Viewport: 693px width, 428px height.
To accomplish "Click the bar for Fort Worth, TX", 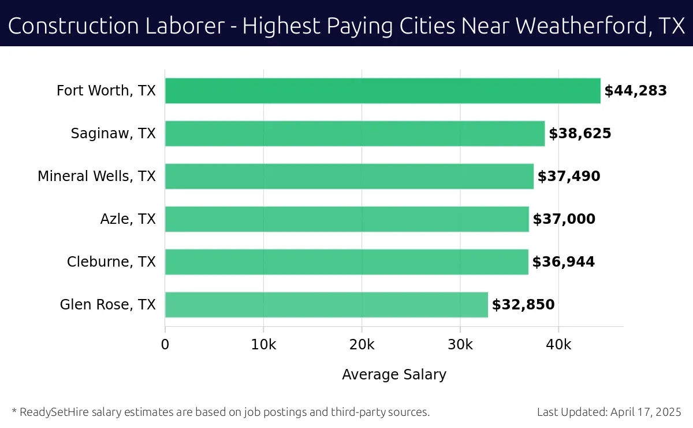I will pos(382,91).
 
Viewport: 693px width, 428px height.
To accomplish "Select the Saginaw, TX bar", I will pos(355,134).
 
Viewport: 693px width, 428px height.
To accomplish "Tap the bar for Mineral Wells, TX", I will pos(349,176).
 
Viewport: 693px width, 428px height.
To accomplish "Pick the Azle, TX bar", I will pos(346,219).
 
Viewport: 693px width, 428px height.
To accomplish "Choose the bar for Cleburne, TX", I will pos(346,262).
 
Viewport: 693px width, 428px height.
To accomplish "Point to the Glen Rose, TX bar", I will pos(326,305).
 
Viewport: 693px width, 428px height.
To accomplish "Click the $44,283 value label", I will pos(635,91).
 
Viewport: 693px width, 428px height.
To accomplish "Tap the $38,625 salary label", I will pos(580,134).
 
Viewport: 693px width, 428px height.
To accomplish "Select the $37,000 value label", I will pos(564,219).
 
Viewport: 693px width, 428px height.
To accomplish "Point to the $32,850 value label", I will pos(523,305).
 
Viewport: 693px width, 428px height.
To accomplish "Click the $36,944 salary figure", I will pos(563,262).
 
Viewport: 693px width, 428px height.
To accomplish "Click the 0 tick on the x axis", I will pos(165,345).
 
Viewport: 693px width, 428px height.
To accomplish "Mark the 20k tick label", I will pos(362,345).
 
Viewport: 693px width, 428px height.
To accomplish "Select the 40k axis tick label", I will pos(558,345).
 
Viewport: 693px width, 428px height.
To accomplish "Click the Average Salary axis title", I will pos(394,375).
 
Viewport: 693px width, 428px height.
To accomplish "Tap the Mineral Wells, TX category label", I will pos(96,176).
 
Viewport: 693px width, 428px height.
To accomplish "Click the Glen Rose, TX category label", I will pos(107,305).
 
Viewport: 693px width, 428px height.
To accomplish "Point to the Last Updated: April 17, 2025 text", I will pos(609,412).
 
